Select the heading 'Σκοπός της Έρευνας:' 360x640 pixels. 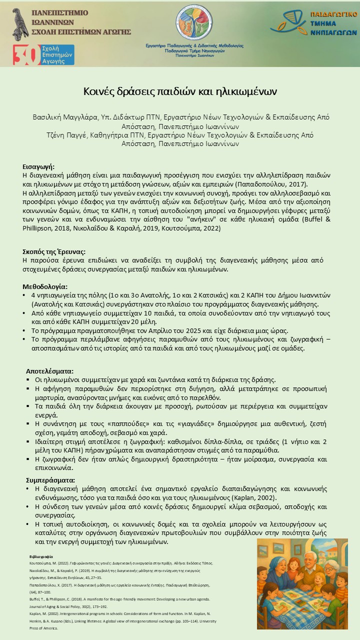point(54,251)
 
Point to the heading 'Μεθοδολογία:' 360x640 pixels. point(45,287)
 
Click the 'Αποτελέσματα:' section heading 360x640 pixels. point(49,371)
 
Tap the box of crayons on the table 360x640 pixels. point(300,603)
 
